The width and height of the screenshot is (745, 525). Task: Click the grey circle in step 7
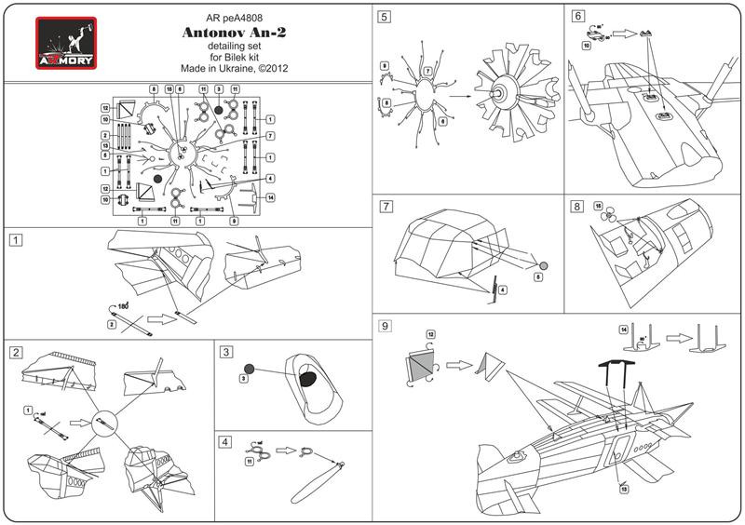coord(544,264)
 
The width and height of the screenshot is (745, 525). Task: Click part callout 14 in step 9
coord(623,330)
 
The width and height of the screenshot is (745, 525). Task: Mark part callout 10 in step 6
coord(586,43)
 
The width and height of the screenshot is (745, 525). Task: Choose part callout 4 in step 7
coord(503,290)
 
